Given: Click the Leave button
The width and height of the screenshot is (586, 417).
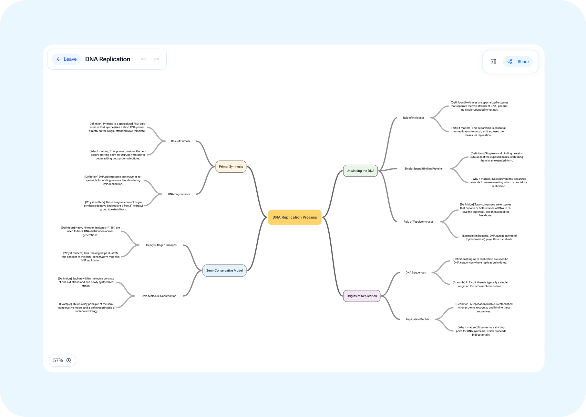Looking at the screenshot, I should click(67, 59).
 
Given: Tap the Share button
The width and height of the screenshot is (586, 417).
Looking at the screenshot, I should click(518, 62).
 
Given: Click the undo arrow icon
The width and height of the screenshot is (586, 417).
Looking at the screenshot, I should click(144, 59).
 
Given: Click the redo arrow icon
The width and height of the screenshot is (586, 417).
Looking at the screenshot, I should click(157, 59).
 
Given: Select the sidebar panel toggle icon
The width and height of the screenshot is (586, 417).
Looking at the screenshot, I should click(493, 62).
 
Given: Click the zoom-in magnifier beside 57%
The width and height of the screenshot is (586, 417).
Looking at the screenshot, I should click(69, 361).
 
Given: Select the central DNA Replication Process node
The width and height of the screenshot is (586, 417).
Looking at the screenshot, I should click(294, 217).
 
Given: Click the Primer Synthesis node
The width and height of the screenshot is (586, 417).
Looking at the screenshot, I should click(231, 167).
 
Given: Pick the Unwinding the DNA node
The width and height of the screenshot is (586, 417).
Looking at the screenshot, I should click(360, 171).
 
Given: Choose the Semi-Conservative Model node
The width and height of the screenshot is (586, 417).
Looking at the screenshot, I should click(224, 270).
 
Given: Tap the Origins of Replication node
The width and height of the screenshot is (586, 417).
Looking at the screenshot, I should click(362, 296).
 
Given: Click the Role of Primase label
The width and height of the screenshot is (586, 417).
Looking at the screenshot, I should click(181, 141).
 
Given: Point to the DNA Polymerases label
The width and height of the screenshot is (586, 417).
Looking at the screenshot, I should click(179, 194).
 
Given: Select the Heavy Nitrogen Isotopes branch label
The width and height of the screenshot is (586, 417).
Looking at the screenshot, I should click(161, 245).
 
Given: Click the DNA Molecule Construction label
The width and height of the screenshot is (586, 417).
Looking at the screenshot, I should click(159, 296).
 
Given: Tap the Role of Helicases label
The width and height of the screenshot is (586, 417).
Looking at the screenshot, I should click(414, 118).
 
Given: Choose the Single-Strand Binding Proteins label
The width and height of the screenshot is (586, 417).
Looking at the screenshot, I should click(423, 169).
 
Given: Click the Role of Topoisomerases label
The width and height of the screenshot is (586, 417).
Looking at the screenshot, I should click(418, 222).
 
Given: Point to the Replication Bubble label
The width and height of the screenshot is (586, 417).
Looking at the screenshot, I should click(417, 319).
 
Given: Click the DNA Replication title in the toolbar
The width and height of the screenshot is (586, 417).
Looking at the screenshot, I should click(108, 59).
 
